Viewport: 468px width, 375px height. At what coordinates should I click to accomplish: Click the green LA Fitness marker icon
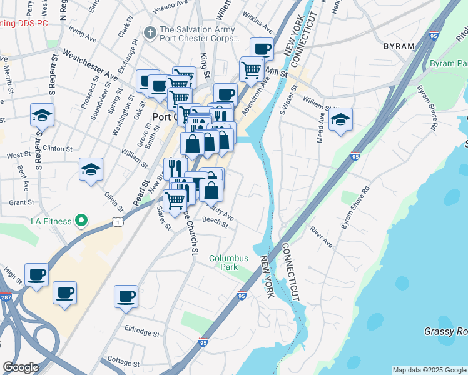[81, 221]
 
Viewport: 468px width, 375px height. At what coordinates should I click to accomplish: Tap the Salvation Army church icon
[150, 32]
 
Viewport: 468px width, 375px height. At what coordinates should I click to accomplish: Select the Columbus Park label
[228, 262]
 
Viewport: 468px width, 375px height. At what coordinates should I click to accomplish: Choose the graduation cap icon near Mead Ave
[340, 119]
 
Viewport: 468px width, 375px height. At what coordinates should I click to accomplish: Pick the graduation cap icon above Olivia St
[91, 169]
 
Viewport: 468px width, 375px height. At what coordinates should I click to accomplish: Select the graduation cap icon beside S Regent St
[42, 114]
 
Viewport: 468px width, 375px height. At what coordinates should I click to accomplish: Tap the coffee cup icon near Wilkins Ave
[262, 48]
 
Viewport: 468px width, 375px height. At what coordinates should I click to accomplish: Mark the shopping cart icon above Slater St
[175, 201]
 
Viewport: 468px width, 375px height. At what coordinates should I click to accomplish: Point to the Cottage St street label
[123, 362]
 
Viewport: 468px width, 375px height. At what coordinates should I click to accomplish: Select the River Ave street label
[321, 237]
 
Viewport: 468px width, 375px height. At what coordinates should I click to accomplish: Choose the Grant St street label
[21, 202]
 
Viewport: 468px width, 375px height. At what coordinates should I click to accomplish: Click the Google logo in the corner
[21, 367]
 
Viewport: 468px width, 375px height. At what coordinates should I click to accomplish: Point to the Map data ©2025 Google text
[429, 370]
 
